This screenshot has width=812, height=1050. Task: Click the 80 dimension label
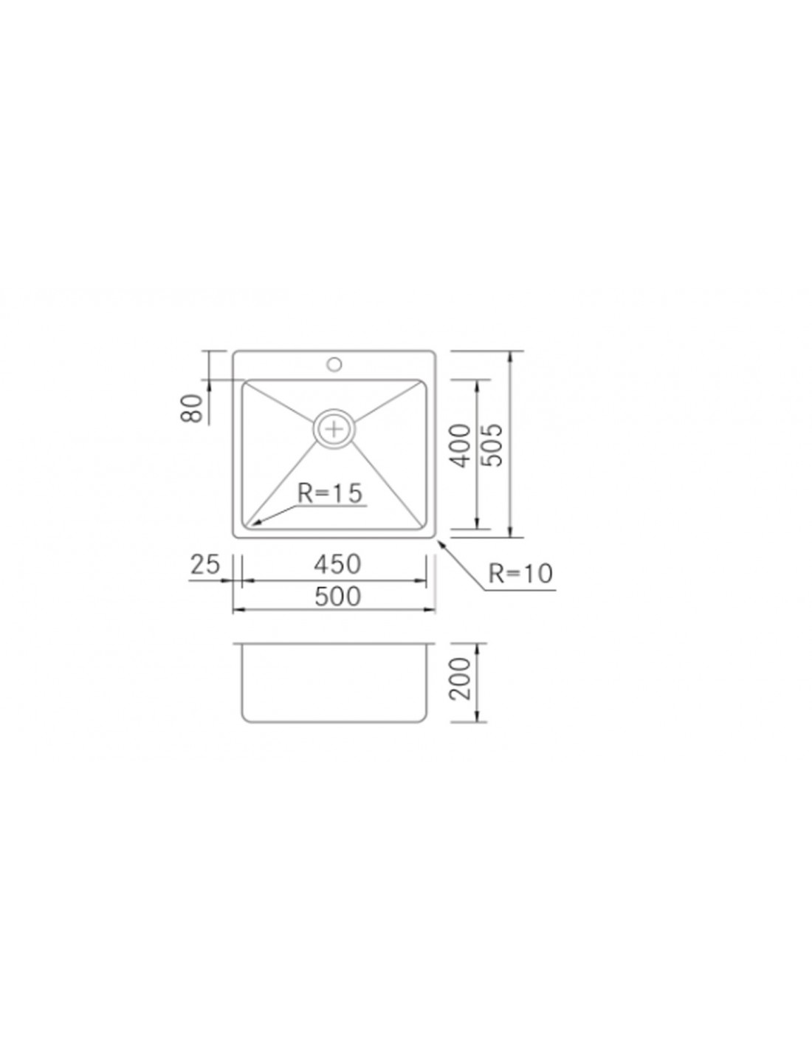tap(192, 408)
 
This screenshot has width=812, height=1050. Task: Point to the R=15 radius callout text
tap(329, 493)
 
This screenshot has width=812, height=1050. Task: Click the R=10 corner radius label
tap(520, 574)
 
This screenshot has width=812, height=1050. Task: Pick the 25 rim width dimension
tap(205, 564)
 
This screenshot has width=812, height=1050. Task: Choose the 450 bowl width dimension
tap(337, 564)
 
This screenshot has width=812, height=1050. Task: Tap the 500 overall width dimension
tap(337, 597)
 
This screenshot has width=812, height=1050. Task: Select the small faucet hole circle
tap(334, 363)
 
